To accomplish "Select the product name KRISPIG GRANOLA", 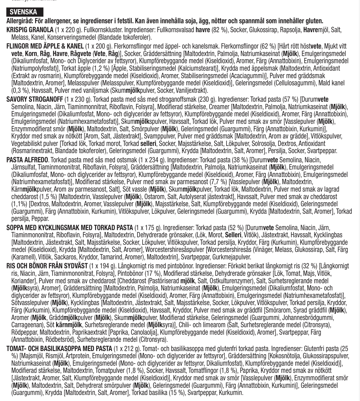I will [x=30, y=30].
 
